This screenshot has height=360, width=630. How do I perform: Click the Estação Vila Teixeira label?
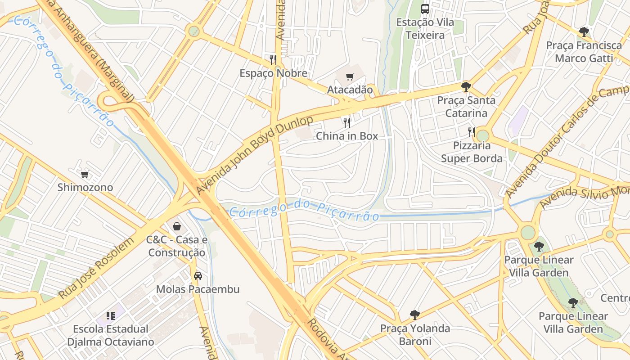pos(425,29)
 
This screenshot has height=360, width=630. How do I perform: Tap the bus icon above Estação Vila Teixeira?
pos(425,9)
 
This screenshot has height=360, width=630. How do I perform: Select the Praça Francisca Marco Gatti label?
pos(584,52)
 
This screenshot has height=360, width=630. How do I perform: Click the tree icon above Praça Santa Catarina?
pos(466,86)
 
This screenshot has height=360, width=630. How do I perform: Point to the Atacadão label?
pos(350,90)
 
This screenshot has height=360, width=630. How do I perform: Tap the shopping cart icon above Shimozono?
pos(85,174)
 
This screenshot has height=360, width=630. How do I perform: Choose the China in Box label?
pos(347,136)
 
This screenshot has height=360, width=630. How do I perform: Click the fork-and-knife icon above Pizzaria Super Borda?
pos(471,132)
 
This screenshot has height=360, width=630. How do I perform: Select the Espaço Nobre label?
pos(273,73)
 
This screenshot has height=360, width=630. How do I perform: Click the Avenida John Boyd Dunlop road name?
pos(254,155)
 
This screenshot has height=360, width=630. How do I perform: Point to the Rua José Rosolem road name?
pos(96,269)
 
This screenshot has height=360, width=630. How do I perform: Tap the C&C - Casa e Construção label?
pos(177,246)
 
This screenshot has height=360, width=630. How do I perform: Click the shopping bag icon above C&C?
pos(177,226)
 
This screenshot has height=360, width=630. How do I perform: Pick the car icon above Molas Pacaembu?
pos(198,275)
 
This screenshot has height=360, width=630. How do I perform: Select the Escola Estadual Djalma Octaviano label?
pos(111,335)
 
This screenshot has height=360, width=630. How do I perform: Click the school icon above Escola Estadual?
pos(111,316)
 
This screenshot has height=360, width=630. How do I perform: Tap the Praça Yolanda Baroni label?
pos(415,335)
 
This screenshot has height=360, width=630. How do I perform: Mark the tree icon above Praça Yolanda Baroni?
pos(415,315)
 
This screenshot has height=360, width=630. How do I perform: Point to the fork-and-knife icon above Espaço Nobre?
pos(273,59)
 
